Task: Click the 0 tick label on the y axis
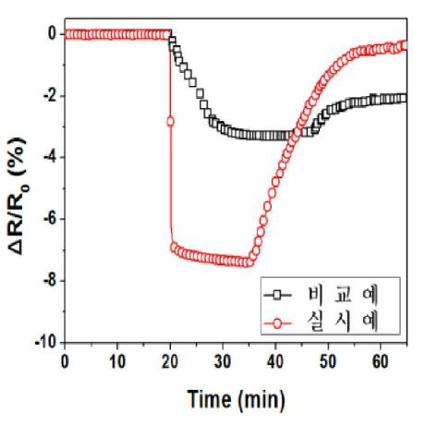click(x=52, y=33)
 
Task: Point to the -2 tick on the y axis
click(x=50, y=96)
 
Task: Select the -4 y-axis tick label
click(x=50, y=157)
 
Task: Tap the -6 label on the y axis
click(x=50, y=219)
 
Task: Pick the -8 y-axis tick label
click(x=50, y=281)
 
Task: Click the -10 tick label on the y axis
click(x=46, y=342)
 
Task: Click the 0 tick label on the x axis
click(x=65, y=361)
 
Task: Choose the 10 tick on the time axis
click(x=117, y=361)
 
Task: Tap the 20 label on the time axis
click(x=170, y=361)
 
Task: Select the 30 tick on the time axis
click(x=223, y=361)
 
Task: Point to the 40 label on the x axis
click(x=275, y=361)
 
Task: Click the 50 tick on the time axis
click(x=328, y=361)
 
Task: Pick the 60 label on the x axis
click(x=381, y=361)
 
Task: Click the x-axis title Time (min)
click(x=237, y=399)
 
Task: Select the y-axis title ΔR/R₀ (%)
click(x=18, y=196)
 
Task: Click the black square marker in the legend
click(x=277, y=296)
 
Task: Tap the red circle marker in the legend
click(x=277, y=323)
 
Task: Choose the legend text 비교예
click(x=343, y=295)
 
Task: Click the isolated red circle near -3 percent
click(x=170, y=121)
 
